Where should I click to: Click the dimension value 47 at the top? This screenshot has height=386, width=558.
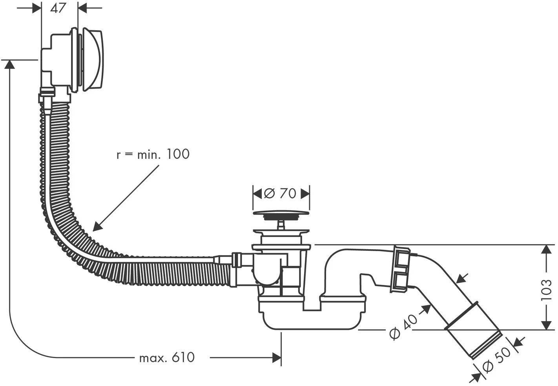58,8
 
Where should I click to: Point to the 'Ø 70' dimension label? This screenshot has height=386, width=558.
281,193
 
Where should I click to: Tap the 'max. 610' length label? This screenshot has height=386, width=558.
167,357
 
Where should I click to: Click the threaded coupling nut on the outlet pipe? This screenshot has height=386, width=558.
401,269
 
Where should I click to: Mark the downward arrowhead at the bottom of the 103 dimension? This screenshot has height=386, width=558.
546,325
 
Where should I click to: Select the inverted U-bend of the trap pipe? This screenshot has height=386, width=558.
343,259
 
